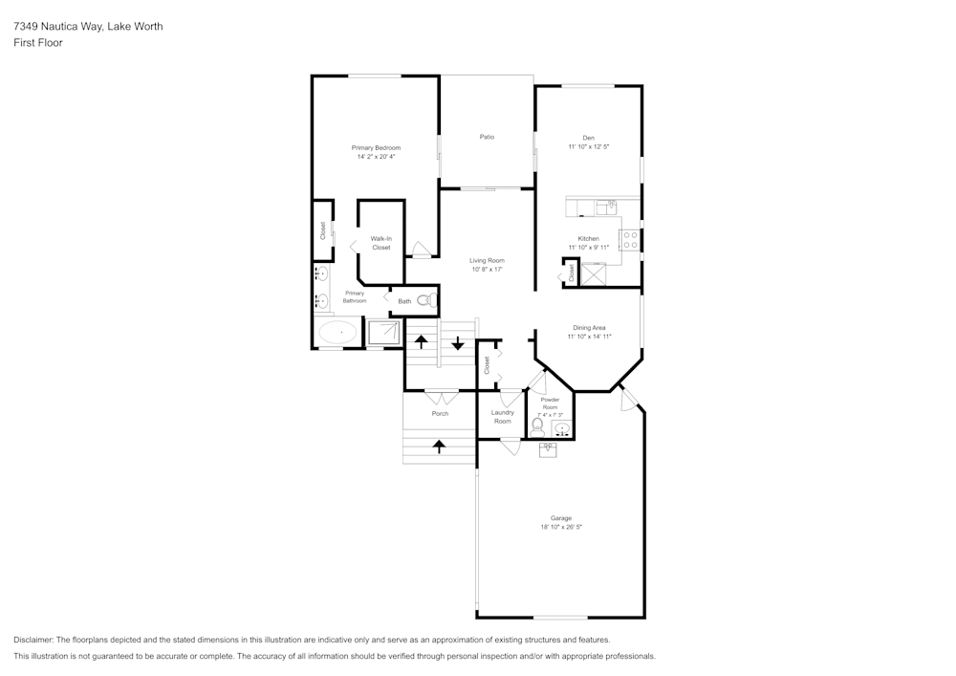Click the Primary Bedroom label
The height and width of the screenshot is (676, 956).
click(x=376, y=148)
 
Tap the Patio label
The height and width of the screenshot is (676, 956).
click(x=487, y=137)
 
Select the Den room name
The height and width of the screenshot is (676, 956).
click(x=588, y=138)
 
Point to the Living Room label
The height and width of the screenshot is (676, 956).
click(x=487, y=261)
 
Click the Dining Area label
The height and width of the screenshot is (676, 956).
click(x=589, y=328)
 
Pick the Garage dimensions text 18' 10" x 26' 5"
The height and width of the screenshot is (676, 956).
click(x=561, y=527)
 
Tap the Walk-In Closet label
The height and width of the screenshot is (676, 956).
click(x=381, y=243)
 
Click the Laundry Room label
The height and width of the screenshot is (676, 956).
click(x=503, y=417)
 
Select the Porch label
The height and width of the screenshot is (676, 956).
click(x=440, y=414)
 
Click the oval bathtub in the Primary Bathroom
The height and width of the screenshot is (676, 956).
click(x=339, y=333)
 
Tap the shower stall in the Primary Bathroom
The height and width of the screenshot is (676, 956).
click(x=384, y=334)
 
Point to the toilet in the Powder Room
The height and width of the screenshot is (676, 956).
click(x=537, y=427)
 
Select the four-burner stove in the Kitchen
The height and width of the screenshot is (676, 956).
click(x=630, y=240)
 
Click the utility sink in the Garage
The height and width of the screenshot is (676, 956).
click(x=547, y=449)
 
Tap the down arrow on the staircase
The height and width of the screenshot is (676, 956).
click(x=458, y=343)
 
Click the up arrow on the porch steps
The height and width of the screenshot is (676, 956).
click(x=439, y=447)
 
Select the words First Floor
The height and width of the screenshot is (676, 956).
click(x=38, y=43)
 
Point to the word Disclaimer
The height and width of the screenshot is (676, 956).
click(x=33, y=640)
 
